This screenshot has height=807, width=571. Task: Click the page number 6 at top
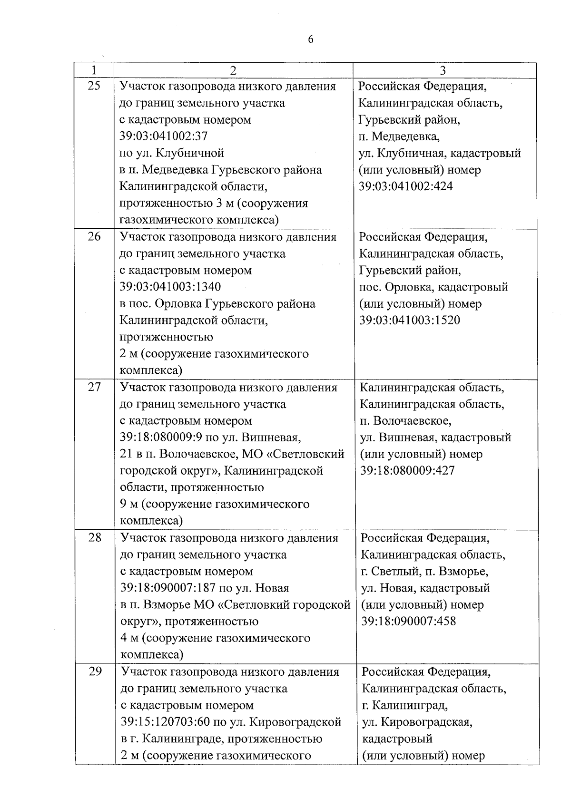[311, 39]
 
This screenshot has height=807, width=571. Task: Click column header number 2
[233, 70]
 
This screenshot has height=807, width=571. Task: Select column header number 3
[443, 70]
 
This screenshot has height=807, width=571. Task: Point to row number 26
[95, 236]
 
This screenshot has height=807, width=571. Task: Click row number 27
[95, 387]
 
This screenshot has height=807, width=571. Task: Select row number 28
[95, 537]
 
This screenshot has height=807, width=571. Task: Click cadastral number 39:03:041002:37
[164, 136]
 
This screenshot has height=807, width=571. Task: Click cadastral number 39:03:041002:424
[406, 186]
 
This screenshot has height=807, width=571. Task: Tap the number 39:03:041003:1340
[170, 287]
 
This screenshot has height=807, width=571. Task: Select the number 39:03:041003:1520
[410, 320]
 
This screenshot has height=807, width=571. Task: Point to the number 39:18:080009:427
[407, 471]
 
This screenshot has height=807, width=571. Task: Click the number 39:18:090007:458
[408, 621]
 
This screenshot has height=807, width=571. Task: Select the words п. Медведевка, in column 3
[399, 136]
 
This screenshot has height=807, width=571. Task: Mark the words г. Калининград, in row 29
[404, 705]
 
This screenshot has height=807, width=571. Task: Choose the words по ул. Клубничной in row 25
[172, 153]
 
